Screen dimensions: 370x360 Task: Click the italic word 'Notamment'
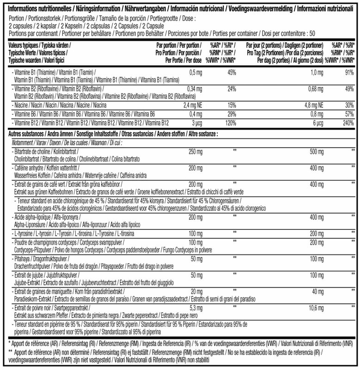click(21, 142)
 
